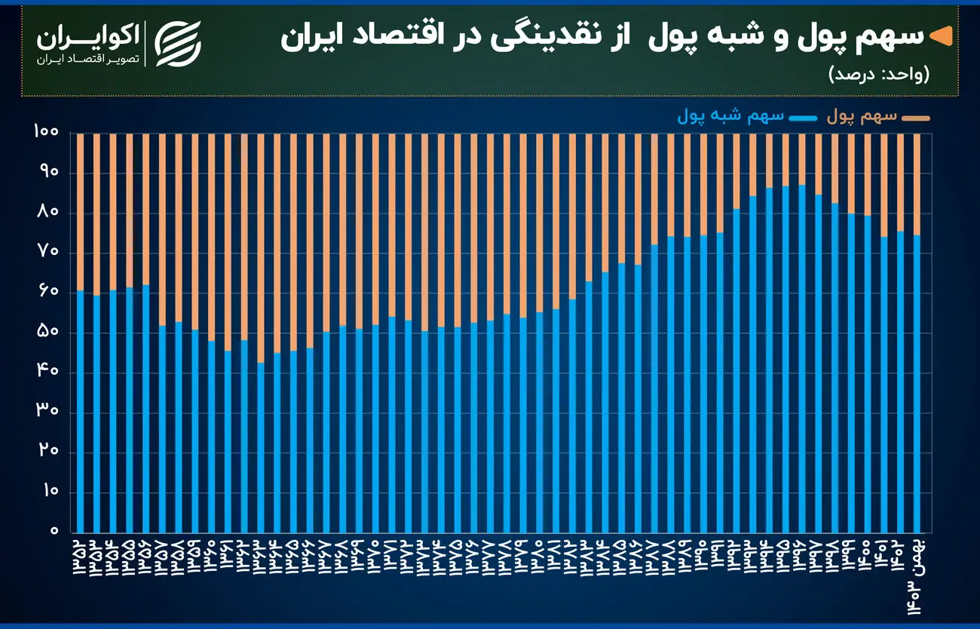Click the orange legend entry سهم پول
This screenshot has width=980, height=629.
[x=878, y=117]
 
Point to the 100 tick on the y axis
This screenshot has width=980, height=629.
[x=46, y=133]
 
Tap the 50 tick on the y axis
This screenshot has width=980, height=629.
[x=46, y=333]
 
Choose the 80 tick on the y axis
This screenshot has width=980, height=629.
[x=46, y=213]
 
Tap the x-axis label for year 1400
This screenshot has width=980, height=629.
[x=867, y=555]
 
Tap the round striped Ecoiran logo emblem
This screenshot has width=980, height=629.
[x=178, y=43]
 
